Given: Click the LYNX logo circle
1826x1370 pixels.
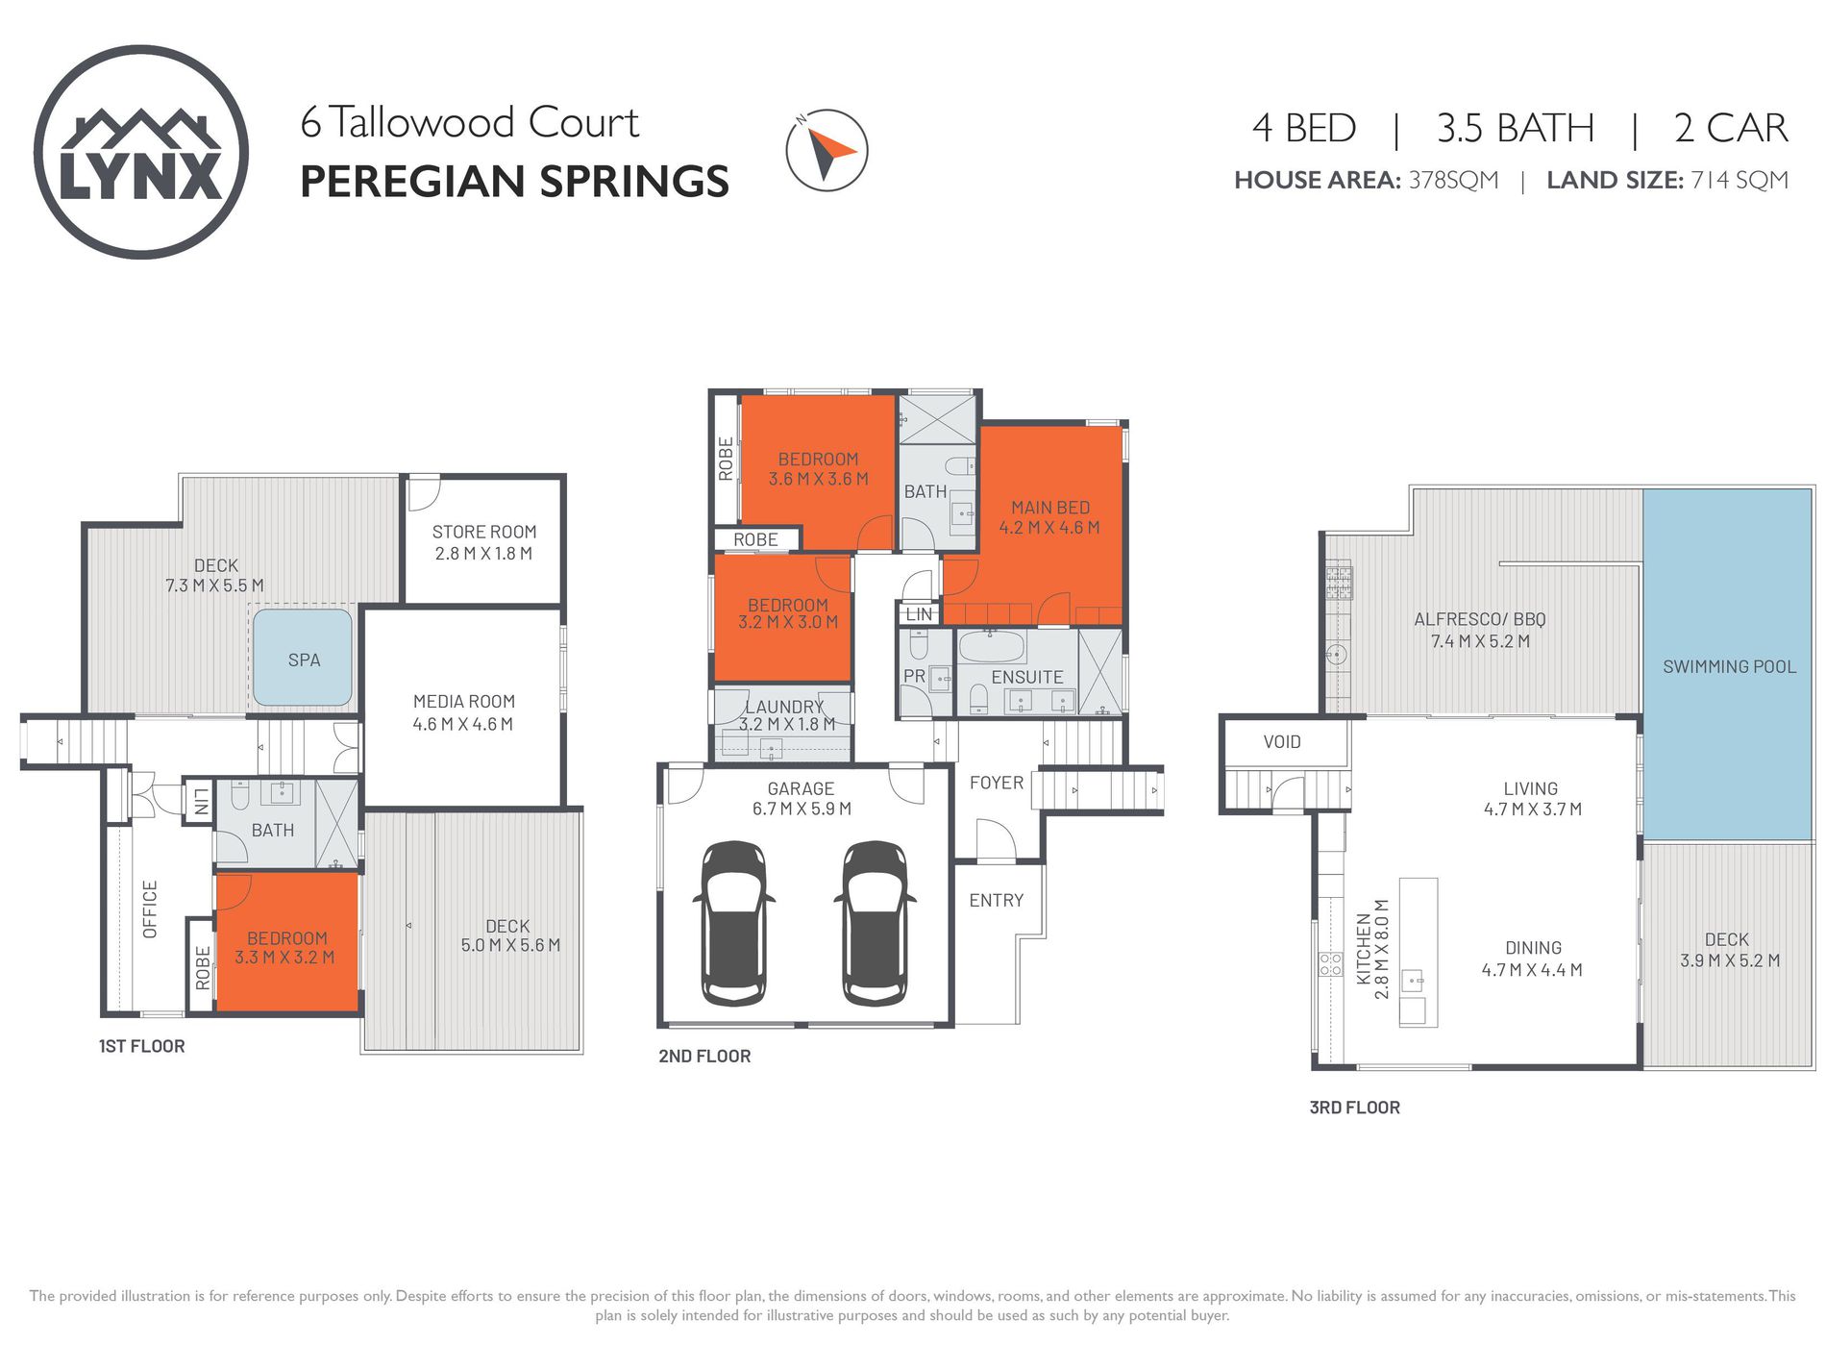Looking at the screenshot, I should coord(141,152).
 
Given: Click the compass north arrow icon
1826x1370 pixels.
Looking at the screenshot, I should coord(827,151).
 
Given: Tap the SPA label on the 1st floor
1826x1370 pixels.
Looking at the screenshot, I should coord(304,660).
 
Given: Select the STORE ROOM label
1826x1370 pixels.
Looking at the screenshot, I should coord(483,532).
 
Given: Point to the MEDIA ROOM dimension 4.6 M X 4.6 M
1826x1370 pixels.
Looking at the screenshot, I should coord(463,724).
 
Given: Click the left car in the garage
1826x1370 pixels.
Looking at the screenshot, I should coord(733,923).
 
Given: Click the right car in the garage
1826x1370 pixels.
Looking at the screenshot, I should coord(874,923).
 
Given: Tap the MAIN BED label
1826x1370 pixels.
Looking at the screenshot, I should coord(1049,507).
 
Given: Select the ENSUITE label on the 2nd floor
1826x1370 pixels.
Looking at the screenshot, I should coord(1026,677).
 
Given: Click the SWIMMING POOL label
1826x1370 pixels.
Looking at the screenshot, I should coord(1728,666).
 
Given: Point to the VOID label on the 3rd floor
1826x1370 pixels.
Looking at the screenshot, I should coord(1281,741).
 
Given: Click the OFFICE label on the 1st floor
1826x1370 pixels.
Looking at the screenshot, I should coord(150,909).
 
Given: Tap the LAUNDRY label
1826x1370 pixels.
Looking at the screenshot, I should coord(784,707).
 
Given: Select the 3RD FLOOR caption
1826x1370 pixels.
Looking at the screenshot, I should coord(1354,1108).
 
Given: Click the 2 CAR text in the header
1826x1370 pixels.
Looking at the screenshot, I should coord(1730,128).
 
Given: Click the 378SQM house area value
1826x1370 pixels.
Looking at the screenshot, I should coord(1453,181).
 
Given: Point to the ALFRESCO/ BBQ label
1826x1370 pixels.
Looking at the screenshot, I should coord(1479,619).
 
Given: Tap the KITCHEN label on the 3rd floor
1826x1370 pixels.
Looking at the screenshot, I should coord(1363,949).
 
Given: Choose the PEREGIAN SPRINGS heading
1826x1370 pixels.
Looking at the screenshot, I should coord(514,182).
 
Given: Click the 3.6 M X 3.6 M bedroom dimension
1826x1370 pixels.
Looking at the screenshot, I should coord(818,479).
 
